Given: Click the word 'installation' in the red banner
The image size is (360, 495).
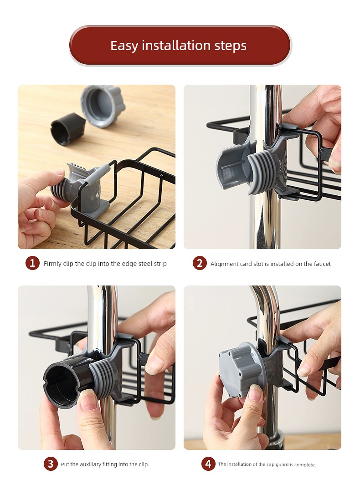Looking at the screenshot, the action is pos(176,46).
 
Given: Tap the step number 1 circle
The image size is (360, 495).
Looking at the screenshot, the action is pos(32,263).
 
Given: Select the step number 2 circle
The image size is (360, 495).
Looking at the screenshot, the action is pos(200,263).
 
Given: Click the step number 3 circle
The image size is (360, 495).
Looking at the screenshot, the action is pos(51,464).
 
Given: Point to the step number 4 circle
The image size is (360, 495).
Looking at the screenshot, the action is pos(208,464).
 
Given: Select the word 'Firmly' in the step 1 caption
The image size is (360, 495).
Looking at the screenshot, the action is pos(52,264).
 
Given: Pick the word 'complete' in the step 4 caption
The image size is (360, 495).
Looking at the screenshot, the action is pos(305,464).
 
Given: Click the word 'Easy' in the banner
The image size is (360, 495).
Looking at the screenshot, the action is pos(124,46).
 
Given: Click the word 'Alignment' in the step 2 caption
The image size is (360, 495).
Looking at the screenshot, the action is pos(224,264).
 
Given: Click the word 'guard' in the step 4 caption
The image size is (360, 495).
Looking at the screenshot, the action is pos(282,464).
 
